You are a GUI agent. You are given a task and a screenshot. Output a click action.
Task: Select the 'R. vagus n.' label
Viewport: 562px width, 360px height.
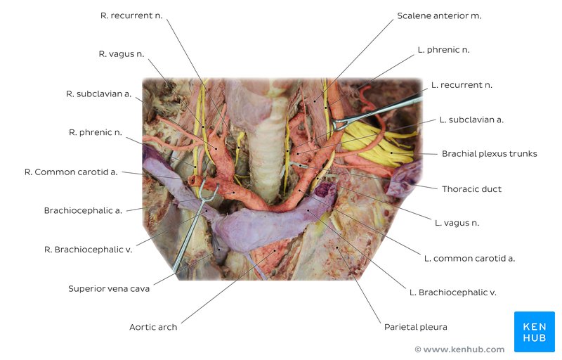pos(121,53)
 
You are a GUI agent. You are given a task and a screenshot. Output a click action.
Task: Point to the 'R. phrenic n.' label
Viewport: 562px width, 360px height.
pos(96,132)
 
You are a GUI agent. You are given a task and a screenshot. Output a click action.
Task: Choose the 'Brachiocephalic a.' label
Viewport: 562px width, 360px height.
pos(83,210)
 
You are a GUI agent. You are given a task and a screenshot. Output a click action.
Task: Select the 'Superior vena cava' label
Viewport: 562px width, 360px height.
pos(109,288)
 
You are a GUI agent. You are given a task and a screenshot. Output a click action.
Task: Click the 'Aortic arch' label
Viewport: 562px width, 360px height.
pos(153,327)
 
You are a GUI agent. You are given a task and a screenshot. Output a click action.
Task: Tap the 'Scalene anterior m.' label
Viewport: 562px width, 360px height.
pos(439,15)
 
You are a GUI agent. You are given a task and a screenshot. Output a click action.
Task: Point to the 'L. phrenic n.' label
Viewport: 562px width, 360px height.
pos(443,50)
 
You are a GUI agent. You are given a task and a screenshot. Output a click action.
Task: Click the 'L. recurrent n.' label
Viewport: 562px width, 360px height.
pos(462,85)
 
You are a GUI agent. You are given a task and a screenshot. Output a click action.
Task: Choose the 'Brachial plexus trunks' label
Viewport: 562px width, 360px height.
pos(489,154)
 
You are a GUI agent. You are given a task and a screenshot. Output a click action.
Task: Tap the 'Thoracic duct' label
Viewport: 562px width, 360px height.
pos(471,189)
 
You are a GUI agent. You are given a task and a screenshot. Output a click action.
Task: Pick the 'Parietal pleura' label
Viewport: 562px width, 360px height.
pos(415,327)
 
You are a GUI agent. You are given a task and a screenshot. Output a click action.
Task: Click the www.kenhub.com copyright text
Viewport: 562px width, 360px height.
pos(459,349)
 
